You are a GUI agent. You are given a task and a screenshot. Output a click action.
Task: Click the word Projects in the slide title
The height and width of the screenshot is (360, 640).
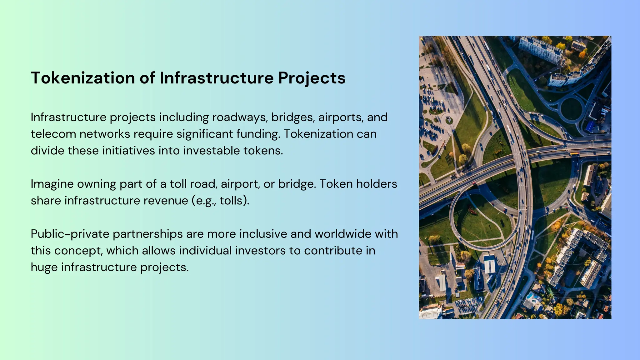[312, 78]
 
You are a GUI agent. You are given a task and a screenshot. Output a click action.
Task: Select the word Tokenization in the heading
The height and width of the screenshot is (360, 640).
[83, 78]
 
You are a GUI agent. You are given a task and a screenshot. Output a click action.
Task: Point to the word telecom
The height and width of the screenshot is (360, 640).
[53, 134]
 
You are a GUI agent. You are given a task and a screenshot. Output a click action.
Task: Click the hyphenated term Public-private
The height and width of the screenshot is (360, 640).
[70, 234]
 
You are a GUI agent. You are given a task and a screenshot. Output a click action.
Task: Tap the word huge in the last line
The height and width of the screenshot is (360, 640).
[44, 267]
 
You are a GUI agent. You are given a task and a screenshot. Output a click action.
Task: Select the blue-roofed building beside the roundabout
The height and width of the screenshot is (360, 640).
[590, 127]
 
